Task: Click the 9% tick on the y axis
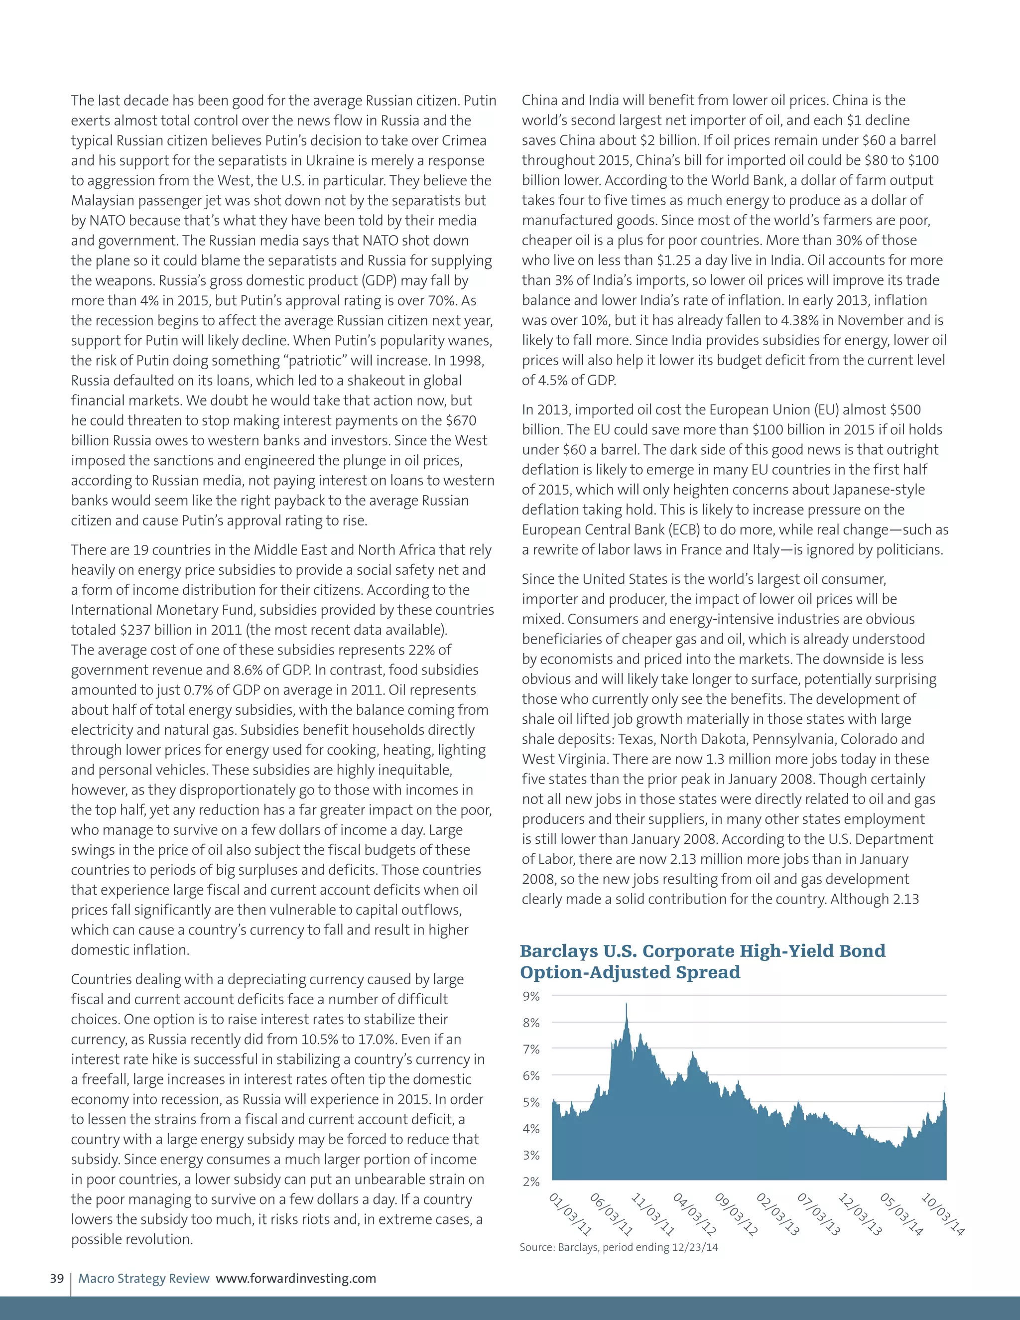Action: point(530,996)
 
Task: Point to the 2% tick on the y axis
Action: point(530,1181)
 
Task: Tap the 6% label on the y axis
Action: point(530,1075)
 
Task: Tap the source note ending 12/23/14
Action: point(619,1247)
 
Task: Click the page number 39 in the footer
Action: point(57,1278)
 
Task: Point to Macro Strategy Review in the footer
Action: point(144,1278)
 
